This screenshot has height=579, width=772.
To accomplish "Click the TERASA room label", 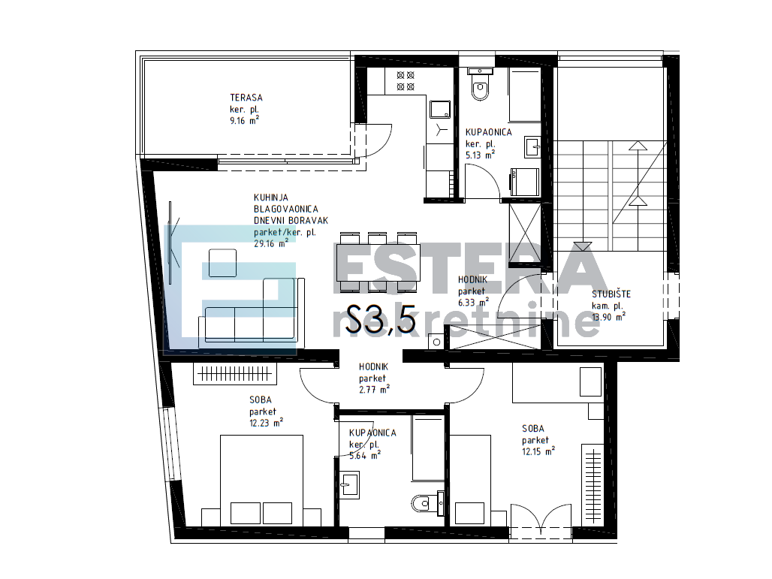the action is pyautogui.click(x=246, y=98).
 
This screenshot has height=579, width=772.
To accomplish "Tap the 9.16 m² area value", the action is pyautogui.click(x=244, y=120).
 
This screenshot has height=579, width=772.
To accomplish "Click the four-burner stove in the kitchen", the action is pyautogui.click(x=406, y=81).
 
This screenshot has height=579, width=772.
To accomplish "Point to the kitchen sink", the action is pyautogui.click(x=439, y=110).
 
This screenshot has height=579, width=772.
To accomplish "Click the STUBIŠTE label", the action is pyautogui.click(x=611, y=294).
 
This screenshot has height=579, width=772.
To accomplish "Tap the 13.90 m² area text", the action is pyautogui.click(x=608, y=317).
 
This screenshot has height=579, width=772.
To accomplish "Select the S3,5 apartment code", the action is pyautogui.click(x=381, y=319).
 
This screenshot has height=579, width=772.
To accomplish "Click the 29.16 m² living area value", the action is pyautogui.click(x=271, y=243).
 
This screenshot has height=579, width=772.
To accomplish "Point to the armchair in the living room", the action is pyautogui.click(x=222, y=263).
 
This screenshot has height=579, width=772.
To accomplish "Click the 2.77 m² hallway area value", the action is pyautogui.click(x=374, y=390).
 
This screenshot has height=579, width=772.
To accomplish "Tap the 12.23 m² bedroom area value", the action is pyautogui.click(x=266, y=423).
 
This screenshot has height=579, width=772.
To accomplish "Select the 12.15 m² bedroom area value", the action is pyautogui.click(x=538, y=451).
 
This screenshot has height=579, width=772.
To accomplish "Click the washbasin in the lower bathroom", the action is pyautogui.click(x=349, y=484).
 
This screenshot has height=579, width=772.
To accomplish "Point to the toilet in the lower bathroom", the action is pyautogui.click(x=428, y=503).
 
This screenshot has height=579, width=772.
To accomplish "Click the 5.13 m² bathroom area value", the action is pyautogui.click(x=480, y=155).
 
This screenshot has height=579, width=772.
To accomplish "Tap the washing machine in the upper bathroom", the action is pyautogui.click(x=525, y=182).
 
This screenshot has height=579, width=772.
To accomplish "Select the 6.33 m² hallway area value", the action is pyautogui.click(x=474, y=303).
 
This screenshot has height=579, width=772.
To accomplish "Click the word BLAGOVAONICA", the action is pyautogui.click(x=286, y=209).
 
